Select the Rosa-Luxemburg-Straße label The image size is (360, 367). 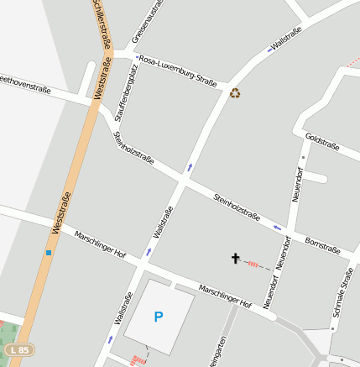178,71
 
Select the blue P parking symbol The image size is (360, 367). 158,317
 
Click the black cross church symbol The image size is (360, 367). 236,259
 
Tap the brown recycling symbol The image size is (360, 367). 235,93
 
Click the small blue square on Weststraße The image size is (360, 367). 49,252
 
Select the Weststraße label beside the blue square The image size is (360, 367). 61,212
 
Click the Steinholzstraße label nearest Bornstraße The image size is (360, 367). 236,207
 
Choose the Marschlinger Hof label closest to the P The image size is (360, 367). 225,296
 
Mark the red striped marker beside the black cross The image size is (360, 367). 253,264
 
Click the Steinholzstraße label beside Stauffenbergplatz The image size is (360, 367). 133,147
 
